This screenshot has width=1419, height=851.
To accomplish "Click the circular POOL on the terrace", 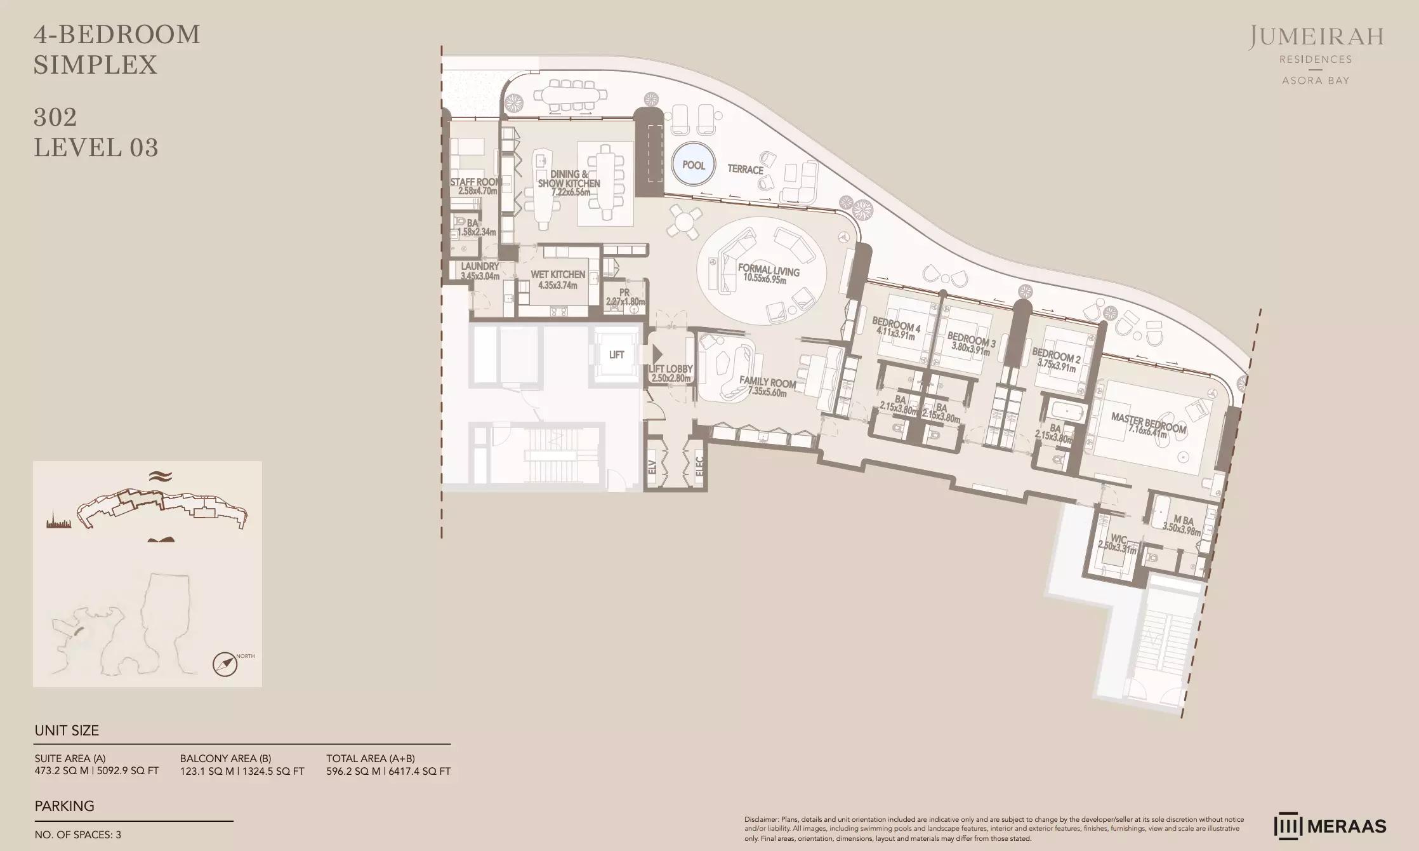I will point(693,165).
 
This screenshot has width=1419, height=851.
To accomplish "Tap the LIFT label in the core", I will point(616,355).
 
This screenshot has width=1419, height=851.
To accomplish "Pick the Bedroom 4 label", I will point(895,327).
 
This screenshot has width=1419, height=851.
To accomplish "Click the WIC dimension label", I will point(1117,545).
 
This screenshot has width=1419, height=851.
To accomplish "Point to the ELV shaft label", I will point(652,467).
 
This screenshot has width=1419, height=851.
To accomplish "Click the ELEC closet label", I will point(699,467).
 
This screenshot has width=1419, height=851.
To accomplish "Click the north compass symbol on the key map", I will point(225,665).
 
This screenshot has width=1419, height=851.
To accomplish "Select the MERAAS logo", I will point(1330,826).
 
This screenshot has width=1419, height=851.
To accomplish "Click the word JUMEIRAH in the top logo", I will point(1316,38).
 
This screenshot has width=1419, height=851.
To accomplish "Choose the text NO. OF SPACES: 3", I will point(77,835).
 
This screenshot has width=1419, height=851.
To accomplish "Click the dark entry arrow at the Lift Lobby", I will point(657,354).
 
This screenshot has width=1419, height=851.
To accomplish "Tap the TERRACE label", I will point(745,170).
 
